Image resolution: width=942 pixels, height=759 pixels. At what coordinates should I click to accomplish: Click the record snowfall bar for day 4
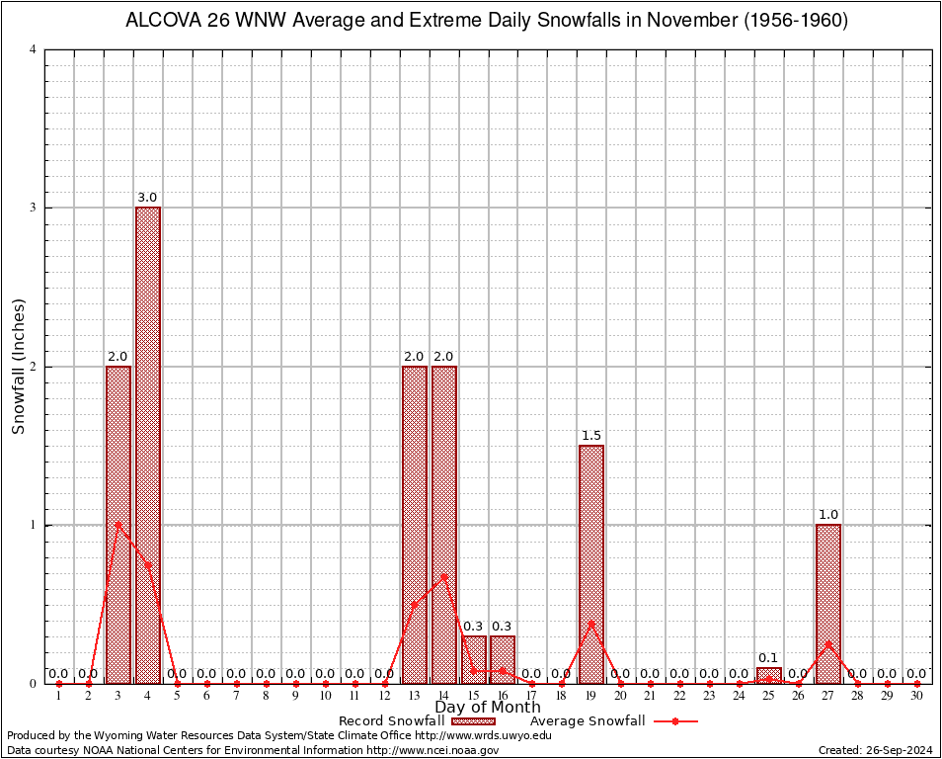[x=148, y=445]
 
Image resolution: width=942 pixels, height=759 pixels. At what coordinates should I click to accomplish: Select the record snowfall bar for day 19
[x=591, y=563]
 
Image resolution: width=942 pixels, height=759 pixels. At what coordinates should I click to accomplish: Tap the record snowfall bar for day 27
[x=828, y=603]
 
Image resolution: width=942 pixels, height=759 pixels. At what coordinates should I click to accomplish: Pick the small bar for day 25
[x=769, y=675]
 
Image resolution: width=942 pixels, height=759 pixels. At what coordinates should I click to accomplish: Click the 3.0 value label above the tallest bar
[x=148, y=198]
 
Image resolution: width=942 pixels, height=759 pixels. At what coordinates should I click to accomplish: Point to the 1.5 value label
[x=591, y=435]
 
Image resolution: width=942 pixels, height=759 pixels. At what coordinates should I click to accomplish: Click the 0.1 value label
[x=769, y=657]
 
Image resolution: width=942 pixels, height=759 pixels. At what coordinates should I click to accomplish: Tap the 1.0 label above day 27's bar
[x=828, y=514]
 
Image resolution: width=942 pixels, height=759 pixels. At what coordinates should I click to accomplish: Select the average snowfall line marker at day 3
[x=118, y=524]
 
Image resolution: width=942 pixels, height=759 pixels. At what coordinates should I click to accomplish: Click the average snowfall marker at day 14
[x=444, y=576]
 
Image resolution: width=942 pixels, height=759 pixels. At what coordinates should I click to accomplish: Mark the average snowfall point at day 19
[x=591, y=623]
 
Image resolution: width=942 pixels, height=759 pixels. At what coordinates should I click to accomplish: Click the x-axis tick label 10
[x=325, y=697]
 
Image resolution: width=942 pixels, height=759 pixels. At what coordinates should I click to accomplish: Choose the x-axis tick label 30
[x=917, y=697]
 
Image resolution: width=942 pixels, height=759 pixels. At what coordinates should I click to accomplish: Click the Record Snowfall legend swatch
[x=473, y=721]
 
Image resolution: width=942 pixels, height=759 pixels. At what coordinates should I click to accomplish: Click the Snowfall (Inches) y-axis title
[x=18, y=367]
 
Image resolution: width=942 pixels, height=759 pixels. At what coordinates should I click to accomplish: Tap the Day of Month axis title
[x=488, y=707]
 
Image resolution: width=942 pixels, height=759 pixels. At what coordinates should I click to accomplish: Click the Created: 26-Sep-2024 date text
[x=876, y=750]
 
